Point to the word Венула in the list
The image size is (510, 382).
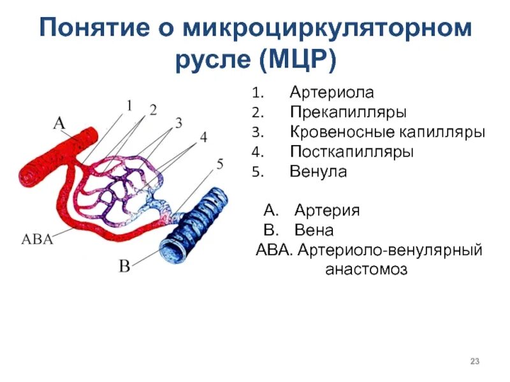click(x=318, y=172)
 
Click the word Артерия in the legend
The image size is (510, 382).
click(x=327, y=211)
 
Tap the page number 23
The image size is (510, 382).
click(x=474, y=362)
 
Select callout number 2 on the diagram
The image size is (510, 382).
click(x=153, y=110)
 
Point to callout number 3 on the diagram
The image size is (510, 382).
click(x=179, y=122)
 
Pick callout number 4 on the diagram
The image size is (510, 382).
click(x=203, y=137)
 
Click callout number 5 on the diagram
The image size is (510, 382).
click(x=219, y=165)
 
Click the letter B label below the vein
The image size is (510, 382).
click(x=125, y=266)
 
